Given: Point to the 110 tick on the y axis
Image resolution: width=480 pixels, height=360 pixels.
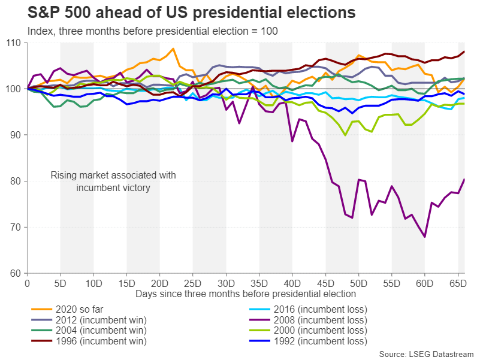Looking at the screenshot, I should pyautogui.click(x=13, y=43).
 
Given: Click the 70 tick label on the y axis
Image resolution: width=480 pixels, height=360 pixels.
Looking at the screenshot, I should pyautogui.click(x=16, y=228).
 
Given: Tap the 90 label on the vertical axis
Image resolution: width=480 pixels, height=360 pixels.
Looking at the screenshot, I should pyautogui.click(x=16, y=135).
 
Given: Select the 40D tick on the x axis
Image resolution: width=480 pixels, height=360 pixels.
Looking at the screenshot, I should pyautogui.click(x=292, y=281).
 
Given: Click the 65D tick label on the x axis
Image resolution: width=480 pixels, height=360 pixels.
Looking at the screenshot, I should pyautogui.click(x=458, y=281).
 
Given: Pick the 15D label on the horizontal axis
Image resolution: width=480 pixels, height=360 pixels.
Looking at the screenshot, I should pyautogui.click(x=126, y=281).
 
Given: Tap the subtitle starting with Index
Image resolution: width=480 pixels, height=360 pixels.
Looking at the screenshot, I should pyautogui.click(x=144, y=31).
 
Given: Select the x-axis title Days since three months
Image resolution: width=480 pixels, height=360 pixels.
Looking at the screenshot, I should pyautogui.click(x=246, y=294).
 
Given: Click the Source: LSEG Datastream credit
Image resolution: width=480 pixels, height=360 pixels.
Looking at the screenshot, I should pyautogui.click(x=427, y=354).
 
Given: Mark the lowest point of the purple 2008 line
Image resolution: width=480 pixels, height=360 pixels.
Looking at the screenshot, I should pyautogui.click(x=425, y=237).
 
